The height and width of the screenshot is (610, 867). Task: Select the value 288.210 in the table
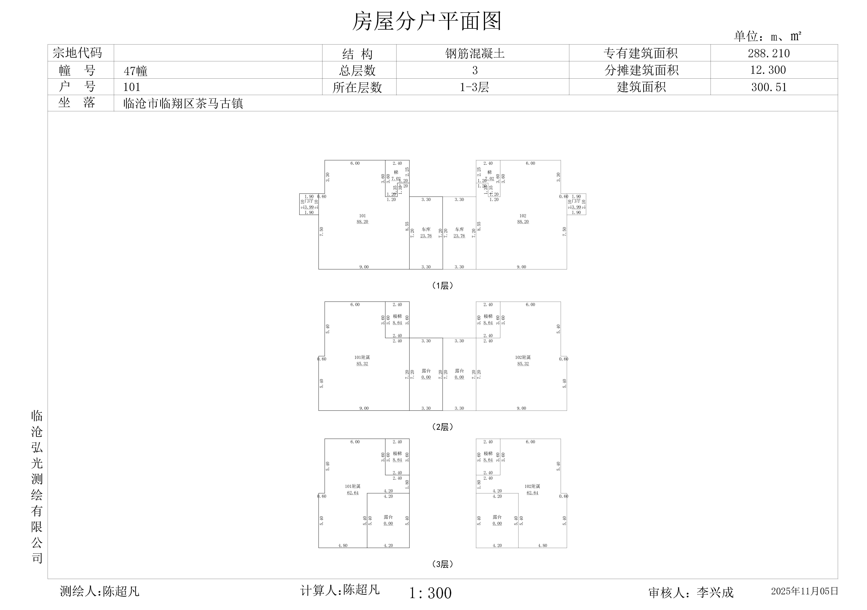pos(769,53)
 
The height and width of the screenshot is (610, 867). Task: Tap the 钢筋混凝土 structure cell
pos(475,53)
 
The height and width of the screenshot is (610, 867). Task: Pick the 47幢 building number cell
pos(135,71)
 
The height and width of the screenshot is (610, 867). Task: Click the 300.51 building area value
pos(769,87)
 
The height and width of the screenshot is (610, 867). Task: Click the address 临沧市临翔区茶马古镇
pos(183,103)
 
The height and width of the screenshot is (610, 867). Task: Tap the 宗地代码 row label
pos(77,53)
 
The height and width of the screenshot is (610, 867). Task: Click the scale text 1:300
pos(430,593)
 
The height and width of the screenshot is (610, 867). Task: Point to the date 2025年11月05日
pos(804,591)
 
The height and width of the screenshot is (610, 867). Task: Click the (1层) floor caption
pos(442,286)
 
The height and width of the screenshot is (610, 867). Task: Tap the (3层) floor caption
pos(442,564)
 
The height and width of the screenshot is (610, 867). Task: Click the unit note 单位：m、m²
pos(767,36)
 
